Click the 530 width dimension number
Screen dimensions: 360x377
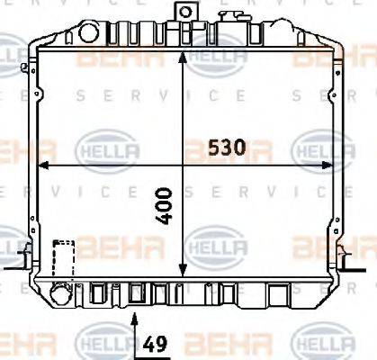(x=227, y=149)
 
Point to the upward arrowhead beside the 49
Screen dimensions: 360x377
(x=135, y=317)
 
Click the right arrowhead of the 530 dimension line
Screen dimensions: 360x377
(x=328, y=166)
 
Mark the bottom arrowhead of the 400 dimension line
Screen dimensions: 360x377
(x=184, y=273)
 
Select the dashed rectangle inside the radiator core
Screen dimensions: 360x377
(x=63, y=260)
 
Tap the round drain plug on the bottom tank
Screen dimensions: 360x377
(x=60, y=294)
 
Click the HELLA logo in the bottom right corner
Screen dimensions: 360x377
(x=319, y=343)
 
